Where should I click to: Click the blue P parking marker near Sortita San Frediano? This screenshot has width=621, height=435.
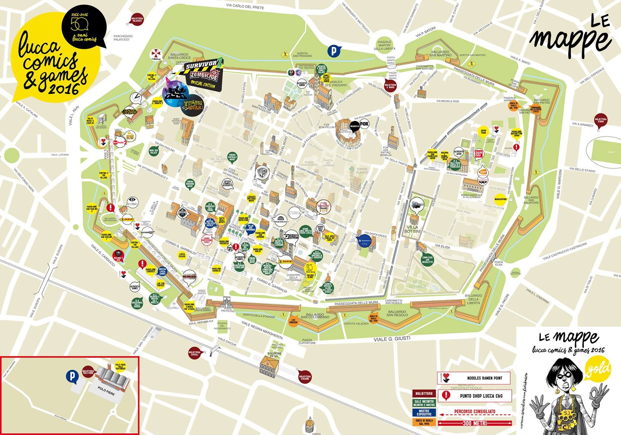[x=333, y=51]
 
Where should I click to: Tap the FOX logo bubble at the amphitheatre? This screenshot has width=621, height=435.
[x=364, y=124]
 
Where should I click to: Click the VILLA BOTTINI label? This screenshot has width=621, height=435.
[x=413, y=229]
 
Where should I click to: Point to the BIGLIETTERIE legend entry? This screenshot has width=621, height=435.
[x=424, y=393]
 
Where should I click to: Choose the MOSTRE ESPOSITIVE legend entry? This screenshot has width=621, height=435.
[x=424, y=413]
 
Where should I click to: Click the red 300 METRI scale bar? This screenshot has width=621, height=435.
[x=475, y=423]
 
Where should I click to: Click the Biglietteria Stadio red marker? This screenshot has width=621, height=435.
[x=600, y=120]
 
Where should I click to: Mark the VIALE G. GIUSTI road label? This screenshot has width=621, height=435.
[x=392, y=338]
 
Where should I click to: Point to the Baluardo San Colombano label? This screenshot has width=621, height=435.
[x=315, y=316]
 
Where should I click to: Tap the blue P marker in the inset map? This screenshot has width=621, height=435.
[x=71, y=376]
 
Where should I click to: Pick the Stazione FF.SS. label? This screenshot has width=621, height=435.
[x=274, y=355]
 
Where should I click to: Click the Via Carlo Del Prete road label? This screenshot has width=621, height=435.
[x=245, y=6]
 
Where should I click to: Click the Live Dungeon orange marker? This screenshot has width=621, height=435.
[x=293, y=321]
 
